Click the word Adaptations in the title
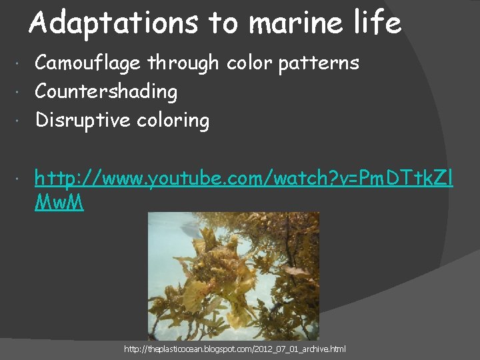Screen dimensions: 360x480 (113, 23)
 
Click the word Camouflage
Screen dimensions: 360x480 (88, 63)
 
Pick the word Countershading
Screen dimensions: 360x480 (106, 92)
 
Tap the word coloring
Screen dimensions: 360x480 (173, 121)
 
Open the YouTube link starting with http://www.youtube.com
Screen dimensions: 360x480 (244, 178)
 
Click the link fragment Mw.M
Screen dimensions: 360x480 (59, 203)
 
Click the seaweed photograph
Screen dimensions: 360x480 (233, 276)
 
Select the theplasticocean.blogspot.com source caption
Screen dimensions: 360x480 (235, 349)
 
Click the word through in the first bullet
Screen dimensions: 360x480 (183, 63)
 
